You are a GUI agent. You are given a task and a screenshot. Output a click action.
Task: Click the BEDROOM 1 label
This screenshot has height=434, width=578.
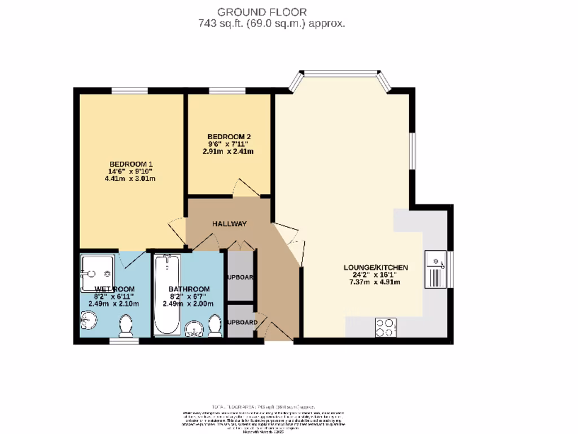131,164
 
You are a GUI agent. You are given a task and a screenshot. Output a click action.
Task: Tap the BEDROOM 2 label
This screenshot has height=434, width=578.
229,136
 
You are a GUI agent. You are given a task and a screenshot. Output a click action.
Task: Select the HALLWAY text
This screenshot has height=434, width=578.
230,224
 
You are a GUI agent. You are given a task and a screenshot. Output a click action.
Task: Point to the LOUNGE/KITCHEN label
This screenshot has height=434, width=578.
376,267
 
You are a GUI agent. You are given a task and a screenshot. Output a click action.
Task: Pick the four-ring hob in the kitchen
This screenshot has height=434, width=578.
386,327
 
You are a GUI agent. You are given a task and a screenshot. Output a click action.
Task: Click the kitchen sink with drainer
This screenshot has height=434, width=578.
437,270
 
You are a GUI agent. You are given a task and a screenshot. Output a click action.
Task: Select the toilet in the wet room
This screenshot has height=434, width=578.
126,325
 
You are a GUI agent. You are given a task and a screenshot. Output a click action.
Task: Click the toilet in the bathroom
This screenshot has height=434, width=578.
214,326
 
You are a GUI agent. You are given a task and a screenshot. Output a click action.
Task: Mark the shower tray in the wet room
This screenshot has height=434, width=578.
97,273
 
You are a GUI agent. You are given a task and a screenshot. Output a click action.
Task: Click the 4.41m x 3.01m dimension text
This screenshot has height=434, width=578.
130,179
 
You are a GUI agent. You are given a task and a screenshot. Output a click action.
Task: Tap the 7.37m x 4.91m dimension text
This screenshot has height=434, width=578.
374,283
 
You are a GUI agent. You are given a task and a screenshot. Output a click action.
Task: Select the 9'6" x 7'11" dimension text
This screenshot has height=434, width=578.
229,144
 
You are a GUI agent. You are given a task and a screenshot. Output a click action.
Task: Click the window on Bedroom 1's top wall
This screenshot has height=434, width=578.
129,90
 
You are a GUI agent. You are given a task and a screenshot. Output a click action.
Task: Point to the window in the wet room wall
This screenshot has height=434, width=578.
124,341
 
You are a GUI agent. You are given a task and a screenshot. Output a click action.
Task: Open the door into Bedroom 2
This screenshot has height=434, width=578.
247,189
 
